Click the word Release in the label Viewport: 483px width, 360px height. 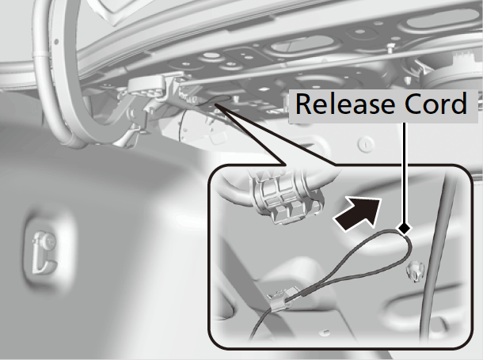(345, 104)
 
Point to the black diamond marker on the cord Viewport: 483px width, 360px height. (404, 229)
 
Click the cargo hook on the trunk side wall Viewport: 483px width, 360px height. (44, 252)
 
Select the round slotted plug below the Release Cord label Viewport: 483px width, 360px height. (367, 143)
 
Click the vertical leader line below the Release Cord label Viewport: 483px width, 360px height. (405, 173)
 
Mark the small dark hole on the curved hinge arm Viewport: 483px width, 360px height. (56, 41)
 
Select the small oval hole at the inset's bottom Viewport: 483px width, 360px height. (324, 332)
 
